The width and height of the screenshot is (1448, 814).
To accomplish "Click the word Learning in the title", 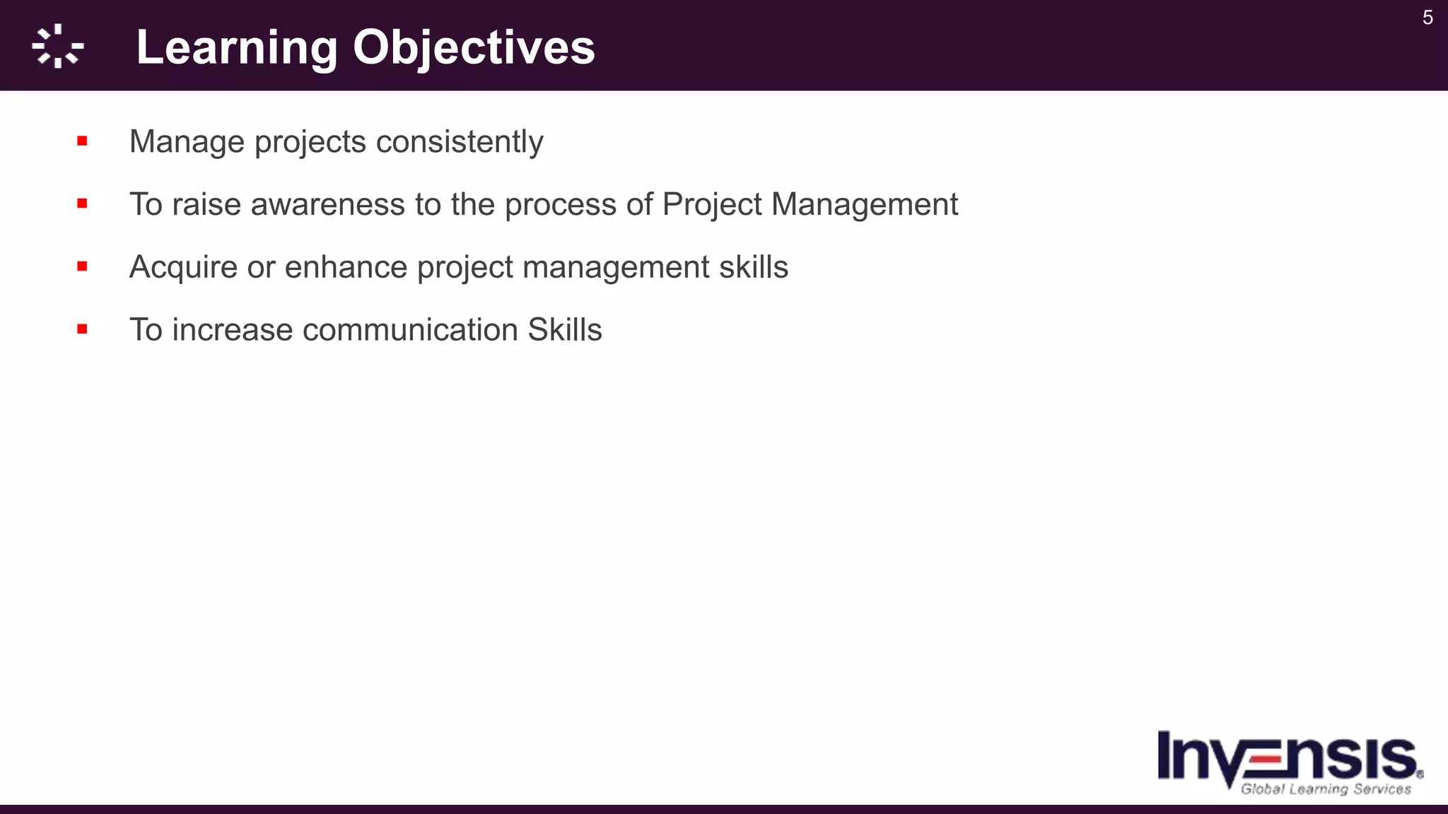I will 237,48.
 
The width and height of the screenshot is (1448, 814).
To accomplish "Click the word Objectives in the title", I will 474,48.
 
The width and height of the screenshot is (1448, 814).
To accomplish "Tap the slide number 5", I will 1427,18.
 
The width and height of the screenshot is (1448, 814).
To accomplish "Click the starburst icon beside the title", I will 58,47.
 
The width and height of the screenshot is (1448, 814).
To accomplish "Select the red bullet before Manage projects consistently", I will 83,141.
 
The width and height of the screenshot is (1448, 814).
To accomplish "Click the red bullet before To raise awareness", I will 83,204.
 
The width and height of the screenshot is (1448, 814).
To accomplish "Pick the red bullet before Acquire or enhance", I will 83,266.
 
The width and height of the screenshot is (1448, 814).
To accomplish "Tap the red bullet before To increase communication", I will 83,329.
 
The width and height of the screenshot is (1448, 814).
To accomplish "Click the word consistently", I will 460,142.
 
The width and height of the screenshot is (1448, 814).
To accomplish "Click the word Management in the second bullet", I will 864,205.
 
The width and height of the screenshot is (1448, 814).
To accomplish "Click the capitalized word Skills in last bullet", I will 565,330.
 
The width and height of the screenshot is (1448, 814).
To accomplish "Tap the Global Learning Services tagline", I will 1326,789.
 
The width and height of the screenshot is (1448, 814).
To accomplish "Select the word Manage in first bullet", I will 187,142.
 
